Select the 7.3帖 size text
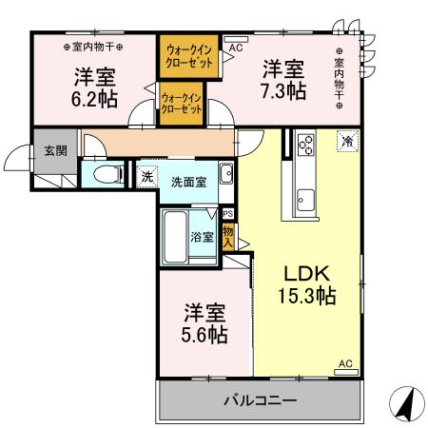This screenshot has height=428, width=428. (x=282, y=91)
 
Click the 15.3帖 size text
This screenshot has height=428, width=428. (x=303, y=295)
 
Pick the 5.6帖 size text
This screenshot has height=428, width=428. (x=204, y=335)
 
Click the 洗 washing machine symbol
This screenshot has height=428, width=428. (x=146, y=176)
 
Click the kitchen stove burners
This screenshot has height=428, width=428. (x=307, y=146)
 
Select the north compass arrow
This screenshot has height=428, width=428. (x=404, y=406)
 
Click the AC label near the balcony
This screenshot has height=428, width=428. (x=345, y=362)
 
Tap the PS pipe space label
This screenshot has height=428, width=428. (x=227, y=214)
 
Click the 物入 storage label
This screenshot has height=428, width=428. (x=228, y=234)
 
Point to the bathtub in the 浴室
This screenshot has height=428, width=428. (x=176, y=237)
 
